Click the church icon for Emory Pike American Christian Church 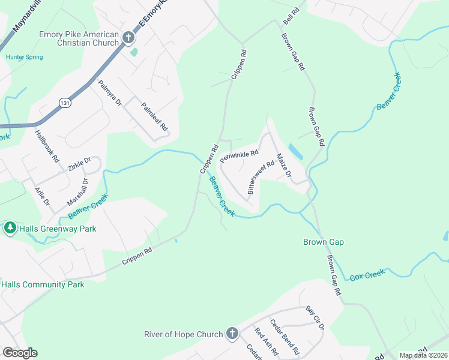[128, 38]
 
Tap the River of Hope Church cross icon [232, 334]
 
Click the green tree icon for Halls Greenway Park [10, 228]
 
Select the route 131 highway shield [64, 103]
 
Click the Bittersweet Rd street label [261, 177]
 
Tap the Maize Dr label [283, 167]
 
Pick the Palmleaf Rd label [154, 118]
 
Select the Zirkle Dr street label [79, 164]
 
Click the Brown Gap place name [323, 242]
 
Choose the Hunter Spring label [24, 57]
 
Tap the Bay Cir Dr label [315, 318]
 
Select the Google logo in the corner [20, 353]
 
